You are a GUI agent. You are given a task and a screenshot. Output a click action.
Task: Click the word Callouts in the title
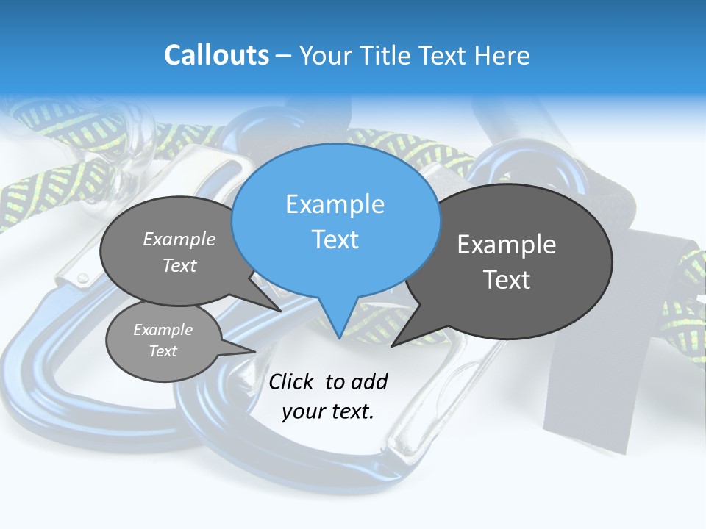(x=216, y=55)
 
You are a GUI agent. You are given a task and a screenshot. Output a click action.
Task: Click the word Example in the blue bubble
(x=335, y=204)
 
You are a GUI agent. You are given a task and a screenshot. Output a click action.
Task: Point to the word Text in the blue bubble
(x=335, y=240)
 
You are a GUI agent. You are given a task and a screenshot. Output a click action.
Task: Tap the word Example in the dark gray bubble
(x=507, y=244)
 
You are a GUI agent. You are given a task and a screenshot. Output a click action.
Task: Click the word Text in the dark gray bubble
(x=507, y=280)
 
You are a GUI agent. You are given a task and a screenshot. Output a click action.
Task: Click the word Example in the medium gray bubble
(x=179, y=239)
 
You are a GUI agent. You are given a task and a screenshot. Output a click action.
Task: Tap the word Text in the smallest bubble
(x=163, y=351)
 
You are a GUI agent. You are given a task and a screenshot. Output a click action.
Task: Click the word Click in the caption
(x=291, y=381)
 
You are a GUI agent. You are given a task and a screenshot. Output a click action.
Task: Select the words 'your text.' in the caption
(x=328, y=411)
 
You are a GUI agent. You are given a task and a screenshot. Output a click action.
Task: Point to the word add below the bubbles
(x=369, y=381)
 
